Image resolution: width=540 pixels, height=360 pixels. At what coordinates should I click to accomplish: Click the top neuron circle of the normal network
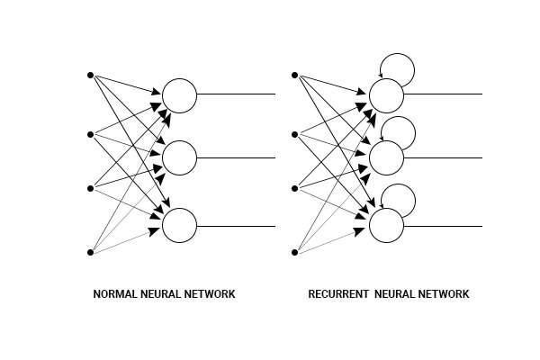point(179,95)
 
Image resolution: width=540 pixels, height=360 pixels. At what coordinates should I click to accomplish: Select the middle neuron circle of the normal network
point(179,158)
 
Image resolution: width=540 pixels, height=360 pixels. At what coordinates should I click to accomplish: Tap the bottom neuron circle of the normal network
point(179,225)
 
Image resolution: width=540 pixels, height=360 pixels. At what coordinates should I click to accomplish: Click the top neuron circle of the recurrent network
point(386,95)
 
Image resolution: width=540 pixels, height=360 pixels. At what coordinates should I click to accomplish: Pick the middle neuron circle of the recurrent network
point(386,158)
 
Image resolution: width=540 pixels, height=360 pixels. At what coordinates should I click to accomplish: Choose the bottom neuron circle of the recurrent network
point(386,225)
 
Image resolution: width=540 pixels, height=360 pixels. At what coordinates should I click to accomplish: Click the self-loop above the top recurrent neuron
point(398,68)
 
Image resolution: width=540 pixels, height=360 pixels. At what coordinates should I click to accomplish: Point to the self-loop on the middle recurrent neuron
point(399,131)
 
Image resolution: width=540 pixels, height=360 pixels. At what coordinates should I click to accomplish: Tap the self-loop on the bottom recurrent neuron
point(399,198)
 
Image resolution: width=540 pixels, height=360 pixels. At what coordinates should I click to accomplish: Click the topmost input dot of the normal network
point(90,75)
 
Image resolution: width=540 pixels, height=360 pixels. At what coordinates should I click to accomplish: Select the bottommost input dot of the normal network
point(90,253)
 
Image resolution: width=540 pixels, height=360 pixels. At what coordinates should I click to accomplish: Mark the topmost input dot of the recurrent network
point(294,75)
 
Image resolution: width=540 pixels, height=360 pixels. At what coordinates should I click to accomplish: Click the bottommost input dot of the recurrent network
point(294,253)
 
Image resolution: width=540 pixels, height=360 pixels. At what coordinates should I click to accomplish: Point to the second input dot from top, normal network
point(90,135)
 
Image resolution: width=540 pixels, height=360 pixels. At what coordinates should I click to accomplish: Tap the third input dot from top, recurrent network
point(294,189)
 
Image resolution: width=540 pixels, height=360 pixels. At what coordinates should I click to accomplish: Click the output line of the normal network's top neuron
point(236,94)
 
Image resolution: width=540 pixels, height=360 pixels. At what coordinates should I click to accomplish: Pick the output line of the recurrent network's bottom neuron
point(443,226)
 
